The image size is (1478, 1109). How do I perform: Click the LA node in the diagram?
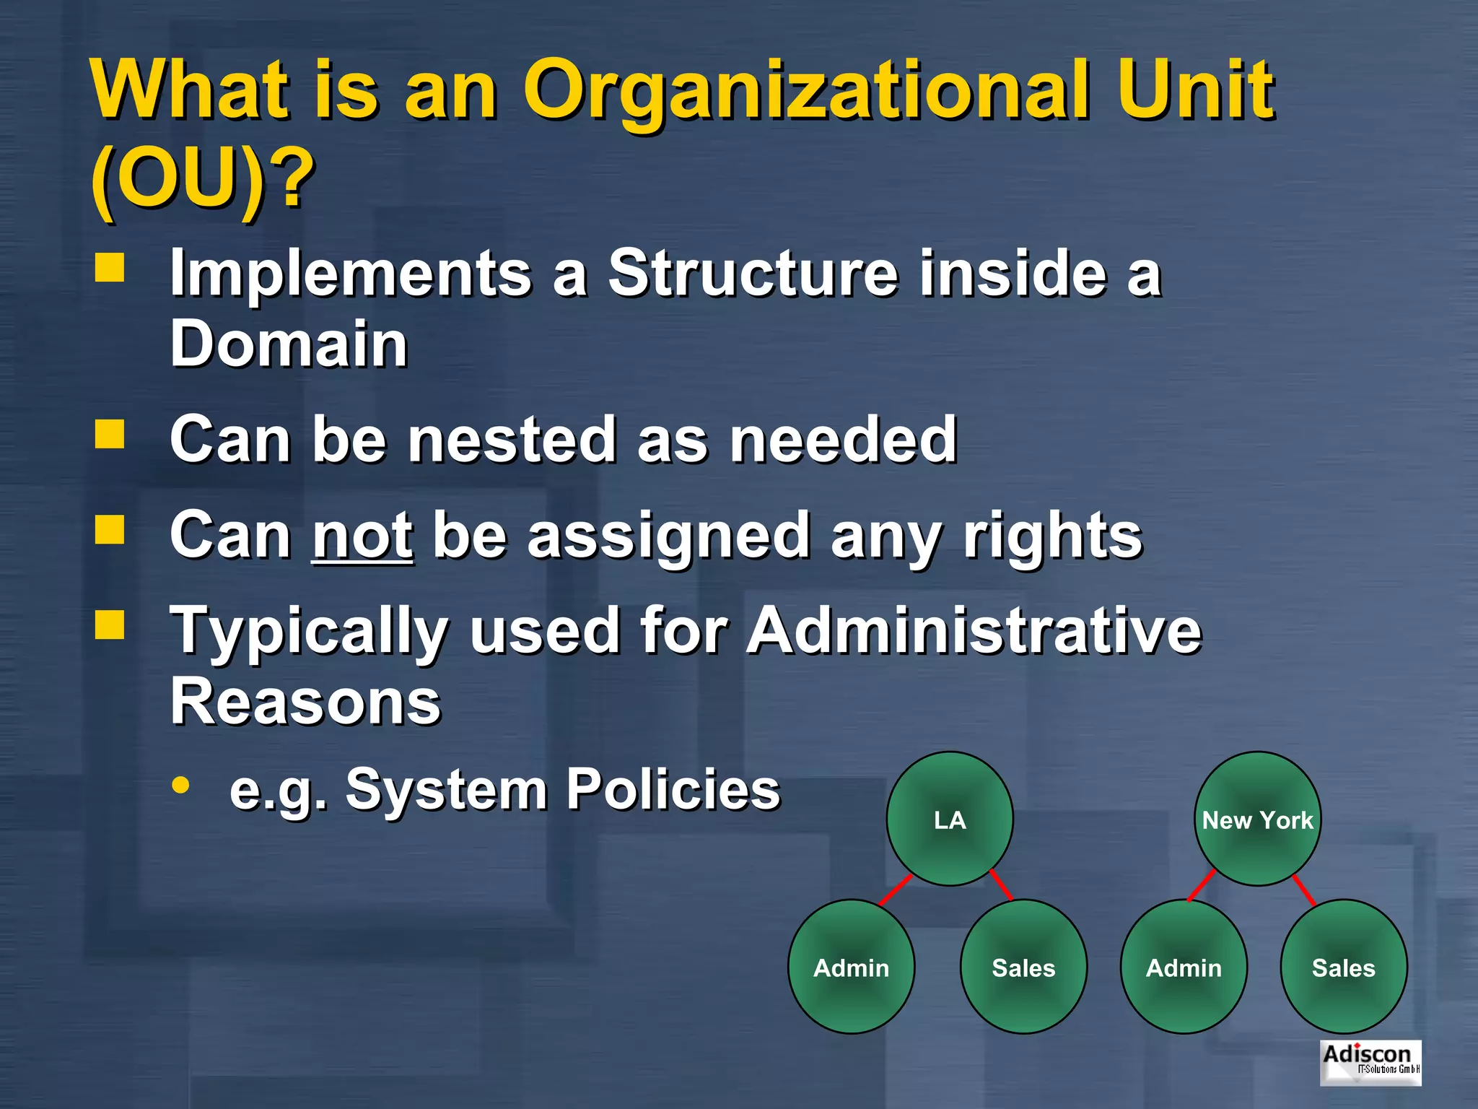click(950, 819)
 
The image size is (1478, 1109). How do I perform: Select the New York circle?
click(1258, 819)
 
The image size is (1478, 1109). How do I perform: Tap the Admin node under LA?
click(852, 967)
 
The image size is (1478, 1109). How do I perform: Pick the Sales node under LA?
click(1023, 967)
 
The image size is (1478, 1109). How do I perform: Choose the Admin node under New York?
click(1184, 967)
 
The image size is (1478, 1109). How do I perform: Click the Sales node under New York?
click(1344, 967)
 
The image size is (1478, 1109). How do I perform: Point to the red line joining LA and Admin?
click(896, 890)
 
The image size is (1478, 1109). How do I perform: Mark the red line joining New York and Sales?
click(1304, 890)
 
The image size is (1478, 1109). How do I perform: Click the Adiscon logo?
click(1370, 1062)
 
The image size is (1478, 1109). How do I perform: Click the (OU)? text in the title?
click(203, 178)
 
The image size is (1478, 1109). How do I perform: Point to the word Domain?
click(289, 344)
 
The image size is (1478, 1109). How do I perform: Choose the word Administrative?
click(974, 631)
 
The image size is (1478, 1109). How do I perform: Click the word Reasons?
click(305, 702)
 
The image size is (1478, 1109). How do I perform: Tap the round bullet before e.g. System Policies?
click(181, 786)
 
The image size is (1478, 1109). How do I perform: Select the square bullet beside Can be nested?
click(110, 435)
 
